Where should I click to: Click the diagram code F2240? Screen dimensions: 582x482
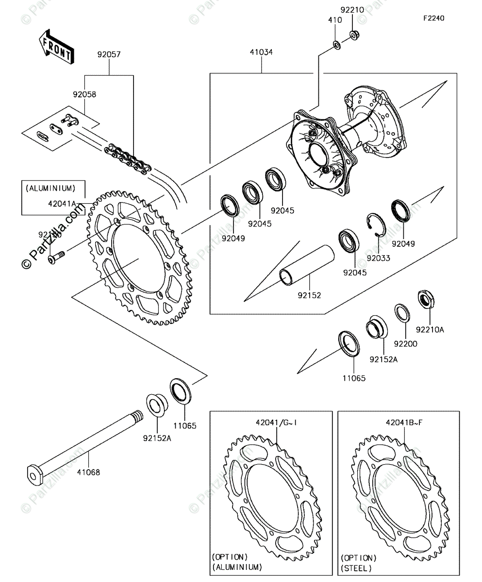(433, 18)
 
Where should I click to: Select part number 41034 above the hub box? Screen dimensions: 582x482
(261, 52)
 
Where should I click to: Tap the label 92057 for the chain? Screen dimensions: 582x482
(109, 55)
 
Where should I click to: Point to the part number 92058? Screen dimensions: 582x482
(84, 94)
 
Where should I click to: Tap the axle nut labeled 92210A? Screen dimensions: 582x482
(426, 299)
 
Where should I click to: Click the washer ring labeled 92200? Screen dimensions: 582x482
(401, 313)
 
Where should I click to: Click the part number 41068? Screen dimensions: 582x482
(88, 472)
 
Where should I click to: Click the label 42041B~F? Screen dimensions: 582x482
(404, 422)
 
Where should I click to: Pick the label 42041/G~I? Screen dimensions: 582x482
(276, 422)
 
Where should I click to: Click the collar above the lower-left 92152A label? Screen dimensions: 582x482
(157, 404)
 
